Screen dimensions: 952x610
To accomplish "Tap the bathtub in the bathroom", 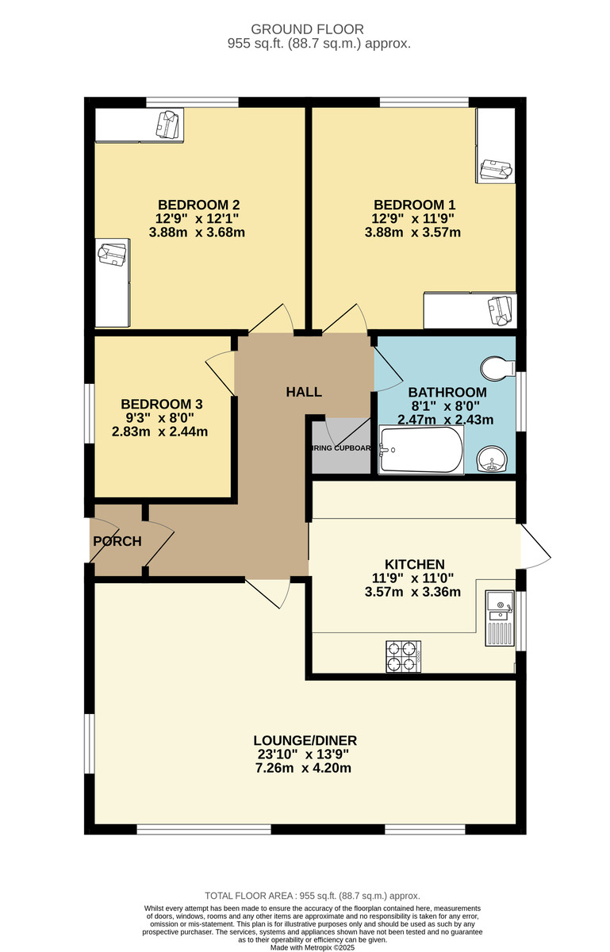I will pos(420,451).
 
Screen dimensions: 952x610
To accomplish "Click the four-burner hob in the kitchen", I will pos(401,655).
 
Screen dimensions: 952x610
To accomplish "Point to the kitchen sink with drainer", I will pos(500,617).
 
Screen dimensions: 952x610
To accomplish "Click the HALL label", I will pos(304,392).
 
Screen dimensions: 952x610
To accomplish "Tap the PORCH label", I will pos(117,541).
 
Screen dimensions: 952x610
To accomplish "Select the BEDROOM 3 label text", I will pos(157,404).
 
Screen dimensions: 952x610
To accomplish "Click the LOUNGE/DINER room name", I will pos(305,740).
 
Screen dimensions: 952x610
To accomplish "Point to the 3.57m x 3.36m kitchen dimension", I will pos(412,591).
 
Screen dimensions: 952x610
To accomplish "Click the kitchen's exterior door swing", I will pos(534,547).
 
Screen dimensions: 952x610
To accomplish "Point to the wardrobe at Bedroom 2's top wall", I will pos(140,125).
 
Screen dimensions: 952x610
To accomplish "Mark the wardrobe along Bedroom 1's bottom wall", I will pos(470,310).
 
